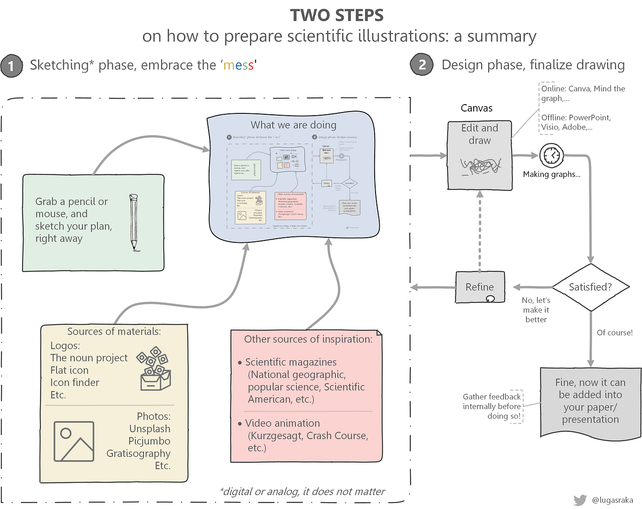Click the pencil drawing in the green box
[x=133, y=223]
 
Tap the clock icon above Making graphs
[x=552, y=156]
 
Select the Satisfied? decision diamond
[x=591, y=287]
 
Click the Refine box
[x=480, y=287]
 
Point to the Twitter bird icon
[x=580, y=500]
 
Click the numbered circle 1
[x=11, y=66]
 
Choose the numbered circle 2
[x=422, y=65]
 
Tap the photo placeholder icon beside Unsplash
[x=74, y=441]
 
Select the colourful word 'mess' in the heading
[x=238, y=65]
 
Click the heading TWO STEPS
[x=337, y=16]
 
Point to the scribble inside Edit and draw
[x=480, y=166]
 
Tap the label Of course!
[x=614, y=333]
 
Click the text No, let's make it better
[x=536, y=310]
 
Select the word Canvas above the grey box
[x=476, y=108]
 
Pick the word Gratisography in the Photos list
[x=138, y=453]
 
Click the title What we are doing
[x=293, y=125]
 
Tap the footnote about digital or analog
[x=303, y=492]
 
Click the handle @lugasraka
[x=613, y=500]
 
